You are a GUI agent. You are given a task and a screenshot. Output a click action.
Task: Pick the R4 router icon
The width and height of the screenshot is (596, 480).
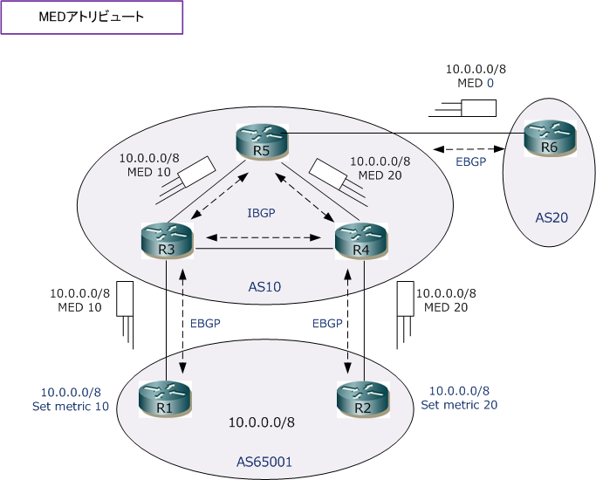coord(360,242)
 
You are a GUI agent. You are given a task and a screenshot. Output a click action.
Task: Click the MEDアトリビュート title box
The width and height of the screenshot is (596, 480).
coord(92,17)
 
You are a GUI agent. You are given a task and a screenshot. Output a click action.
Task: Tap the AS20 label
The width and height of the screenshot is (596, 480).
coord(551,216)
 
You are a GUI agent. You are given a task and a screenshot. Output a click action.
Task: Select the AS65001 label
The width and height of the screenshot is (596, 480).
coord(264,460)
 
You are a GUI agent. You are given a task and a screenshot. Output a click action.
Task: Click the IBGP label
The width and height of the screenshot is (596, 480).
coord(263,212)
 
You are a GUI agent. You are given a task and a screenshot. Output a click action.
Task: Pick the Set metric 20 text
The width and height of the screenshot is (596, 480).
coord(459,405)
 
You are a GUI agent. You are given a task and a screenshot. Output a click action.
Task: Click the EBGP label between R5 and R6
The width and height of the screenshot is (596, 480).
coord(472,161)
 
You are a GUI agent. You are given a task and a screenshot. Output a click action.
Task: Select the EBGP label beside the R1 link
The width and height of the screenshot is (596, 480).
coord(205,323)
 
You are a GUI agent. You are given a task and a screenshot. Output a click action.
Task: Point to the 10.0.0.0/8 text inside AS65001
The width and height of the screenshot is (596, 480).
coord(262,422)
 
